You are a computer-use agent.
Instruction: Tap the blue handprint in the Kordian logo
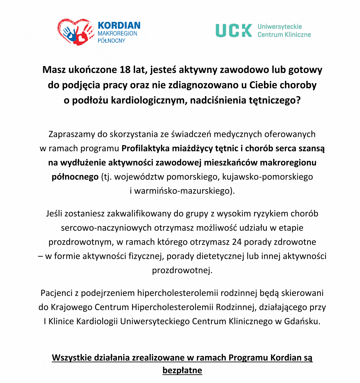pos(70,33)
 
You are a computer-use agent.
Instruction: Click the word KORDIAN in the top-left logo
pos(119,25)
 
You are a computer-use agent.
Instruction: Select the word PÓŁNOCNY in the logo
pos(111,41)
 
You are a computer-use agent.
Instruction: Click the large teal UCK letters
pos(234,31)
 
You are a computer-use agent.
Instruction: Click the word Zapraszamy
pos(72,134)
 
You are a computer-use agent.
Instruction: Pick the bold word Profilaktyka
pos(145,148)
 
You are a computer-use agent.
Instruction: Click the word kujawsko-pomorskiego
pos(267,177)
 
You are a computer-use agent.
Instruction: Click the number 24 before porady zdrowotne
pos(237,242)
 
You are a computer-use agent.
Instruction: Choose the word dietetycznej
pos(220,256)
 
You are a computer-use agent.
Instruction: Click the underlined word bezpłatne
pos(182,370)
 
